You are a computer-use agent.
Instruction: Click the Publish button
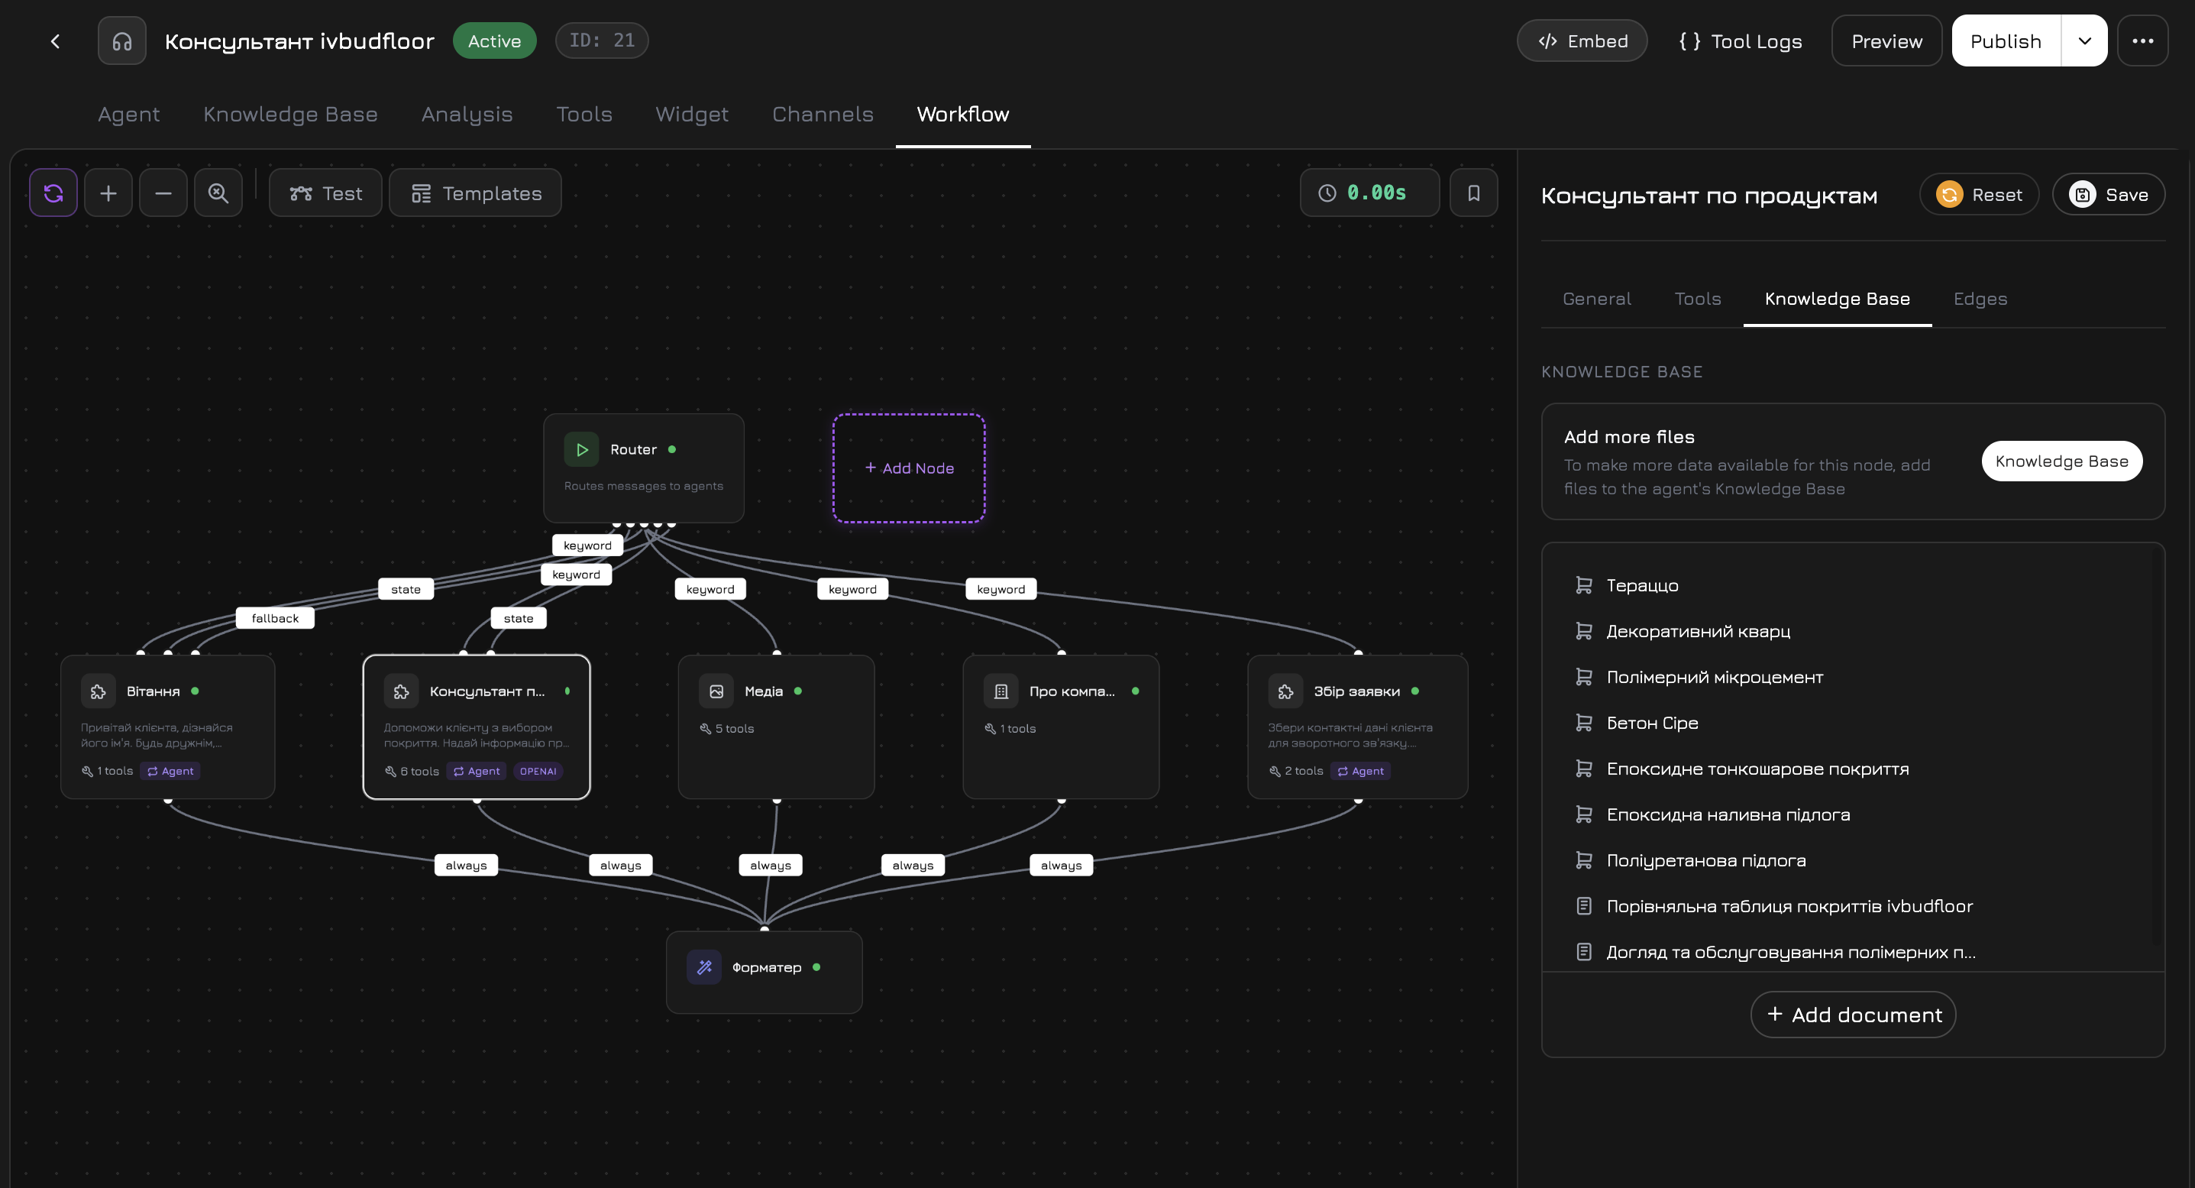tap(2005, 41)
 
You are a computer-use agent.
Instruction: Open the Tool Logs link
tap(1740, 41)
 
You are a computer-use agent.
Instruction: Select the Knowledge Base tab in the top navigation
tap(289, 114)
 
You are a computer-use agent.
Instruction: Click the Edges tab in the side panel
tap(1980, 298)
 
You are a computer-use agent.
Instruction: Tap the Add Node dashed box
tap(908, 468)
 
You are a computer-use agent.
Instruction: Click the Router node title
tap(632, 449)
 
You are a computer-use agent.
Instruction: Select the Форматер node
tap(765, 967)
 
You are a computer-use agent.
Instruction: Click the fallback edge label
tap(274, 618)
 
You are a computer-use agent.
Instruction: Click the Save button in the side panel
tap(2108, 194)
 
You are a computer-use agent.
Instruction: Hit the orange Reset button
tap(1979, 194)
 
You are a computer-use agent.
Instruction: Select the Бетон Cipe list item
tap(1651, 723)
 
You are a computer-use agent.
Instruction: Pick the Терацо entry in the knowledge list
tap(1641, 585)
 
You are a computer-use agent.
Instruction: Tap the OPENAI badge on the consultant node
tap(538, 772)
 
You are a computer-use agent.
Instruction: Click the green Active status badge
tap(494, 41)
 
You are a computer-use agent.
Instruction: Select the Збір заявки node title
tap(1356, 691)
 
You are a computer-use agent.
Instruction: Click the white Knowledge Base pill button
tap(2061, 461)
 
